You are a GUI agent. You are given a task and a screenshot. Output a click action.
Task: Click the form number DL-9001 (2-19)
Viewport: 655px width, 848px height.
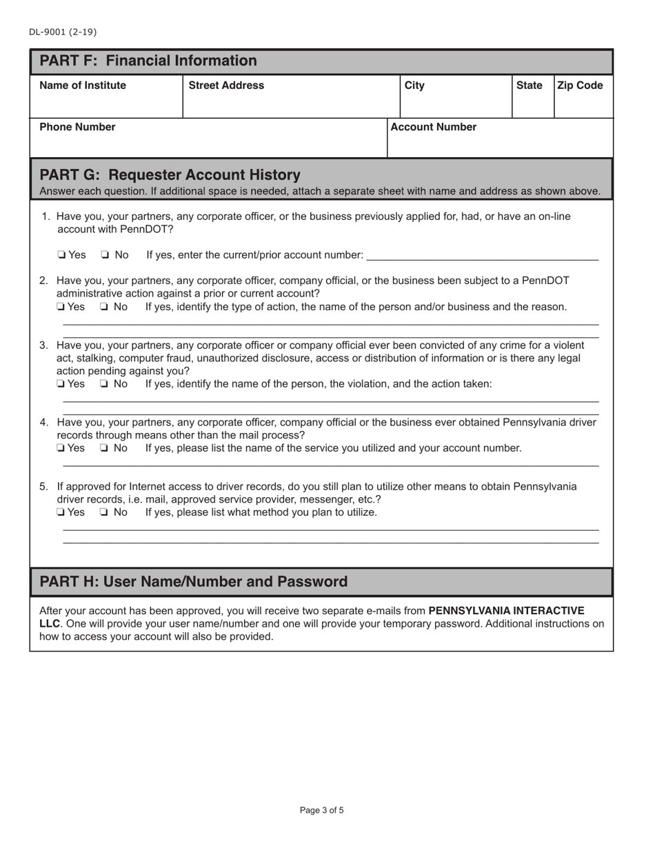point(63,32)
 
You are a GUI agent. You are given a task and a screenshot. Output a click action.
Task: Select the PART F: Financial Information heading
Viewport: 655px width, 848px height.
point(148,61)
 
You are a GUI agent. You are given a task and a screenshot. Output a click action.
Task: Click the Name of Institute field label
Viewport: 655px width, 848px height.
point(83,85)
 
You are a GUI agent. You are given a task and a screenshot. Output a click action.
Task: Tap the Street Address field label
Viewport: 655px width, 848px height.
point(226,85)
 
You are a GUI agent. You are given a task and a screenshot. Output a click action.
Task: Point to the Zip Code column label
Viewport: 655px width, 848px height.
point(580,85)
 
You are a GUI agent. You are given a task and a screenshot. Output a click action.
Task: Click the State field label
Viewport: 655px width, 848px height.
point(529,85)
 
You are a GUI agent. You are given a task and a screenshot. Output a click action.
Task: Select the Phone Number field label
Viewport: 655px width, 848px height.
point(77,127)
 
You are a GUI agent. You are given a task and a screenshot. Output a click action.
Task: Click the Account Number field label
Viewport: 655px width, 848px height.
point(434,127)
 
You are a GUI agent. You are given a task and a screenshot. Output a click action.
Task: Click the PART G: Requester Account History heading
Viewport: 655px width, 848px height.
point(170,174)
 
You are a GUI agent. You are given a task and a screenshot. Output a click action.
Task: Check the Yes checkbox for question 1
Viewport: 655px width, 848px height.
point(62,256)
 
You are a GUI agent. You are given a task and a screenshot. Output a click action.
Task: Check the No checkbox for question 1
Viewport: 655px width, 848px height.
point(105,256)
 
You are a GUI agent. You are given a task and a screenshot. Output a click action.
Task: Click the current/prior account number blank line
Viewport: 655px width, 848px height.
point(483,256)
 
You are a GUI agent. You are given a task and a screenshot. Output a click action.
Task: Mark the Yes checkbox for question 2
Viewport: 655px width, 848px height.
point(62,307)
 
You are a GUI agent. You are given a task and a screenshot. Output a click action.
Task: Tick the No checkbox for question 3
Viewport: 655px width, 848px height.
point(105,384)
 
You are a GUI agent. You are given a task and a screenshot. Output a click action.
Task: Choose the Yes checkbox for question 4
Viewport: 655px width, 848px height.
point(62,448)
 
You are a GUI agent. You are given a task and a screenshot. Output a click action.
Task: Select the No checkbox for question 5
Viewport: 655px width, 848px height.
point(105,513)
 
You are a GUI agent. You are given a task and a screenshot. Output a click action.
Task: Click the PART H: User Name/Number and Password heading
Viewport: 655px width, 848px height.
point(194,582)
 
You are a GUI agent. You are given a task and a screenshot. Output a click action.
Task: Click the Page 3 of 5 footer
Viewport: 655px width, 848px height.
point(322,810)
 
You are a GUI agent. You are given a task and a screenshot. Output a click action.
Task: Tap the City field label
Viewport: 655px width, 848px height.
point(414,85)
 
